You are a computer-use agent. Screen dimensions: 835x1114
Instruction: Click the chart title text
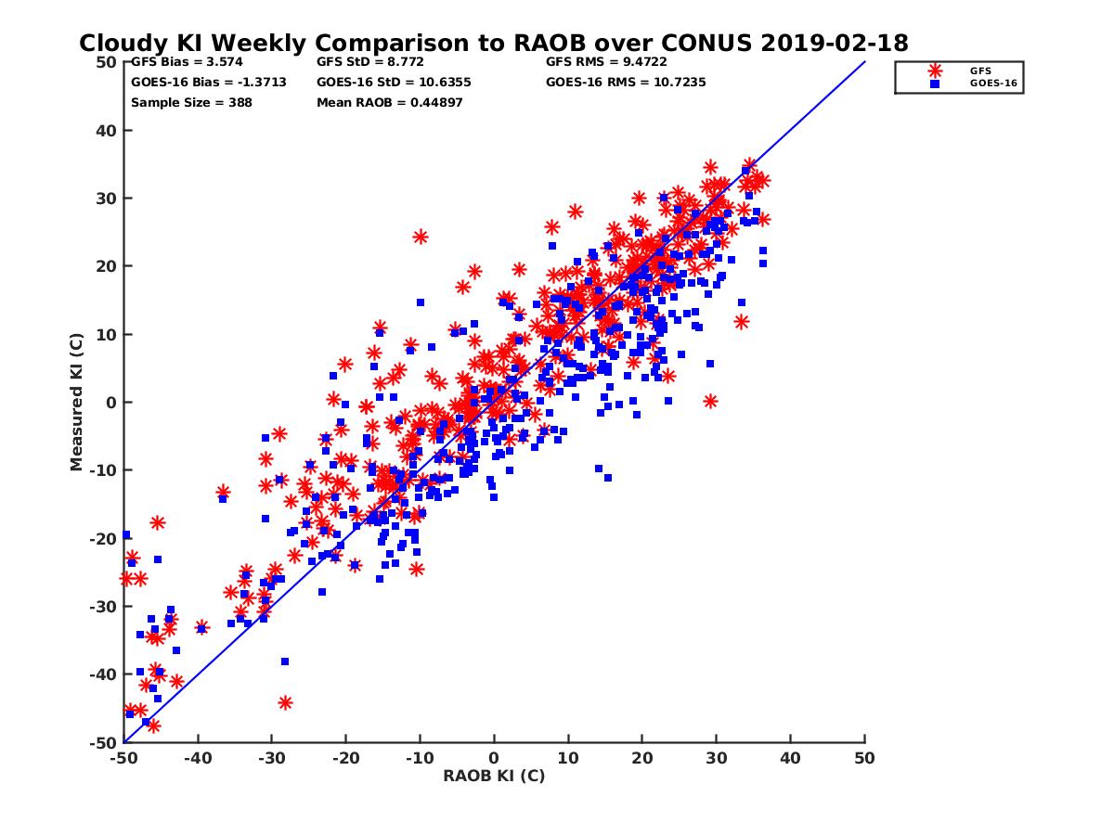(x=494, y=44)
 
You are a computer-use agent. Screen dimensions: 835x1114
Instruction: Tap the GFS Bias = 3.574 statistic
(x=178, y=62)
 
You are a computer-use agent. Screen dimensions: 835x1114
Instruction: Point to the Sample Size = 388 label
(x=191, y=102)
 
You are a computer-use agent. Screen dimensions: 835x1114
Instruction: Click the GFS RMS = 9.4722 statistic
(x=606, y=62)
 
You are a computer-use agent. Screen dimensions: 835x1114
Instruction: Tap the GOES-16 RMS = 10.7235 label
(x=626, y=82)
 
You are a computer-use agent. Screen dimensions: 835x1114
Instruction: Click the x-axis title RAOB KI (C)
(x=494, y=776)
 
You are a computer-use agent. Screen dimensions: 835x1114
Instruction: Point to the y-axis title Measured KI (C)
(x=76, y=403)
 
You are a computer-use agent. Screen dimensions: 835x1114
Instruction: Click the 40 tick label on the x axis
(x=791, y=758)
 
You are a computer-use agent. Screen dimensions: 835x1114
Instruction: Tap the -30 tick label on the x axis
(x=271, y=758)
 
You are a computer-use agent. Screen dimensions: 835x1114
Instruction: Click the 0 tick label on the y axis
(x=111, y=403)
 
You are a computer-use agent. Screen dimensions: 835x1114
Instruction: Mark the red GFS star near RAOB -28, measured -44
(x=285, y=702)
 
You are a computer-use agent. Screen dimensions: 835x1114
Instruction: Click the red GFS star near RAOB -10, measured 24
(x=421, y=237)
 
